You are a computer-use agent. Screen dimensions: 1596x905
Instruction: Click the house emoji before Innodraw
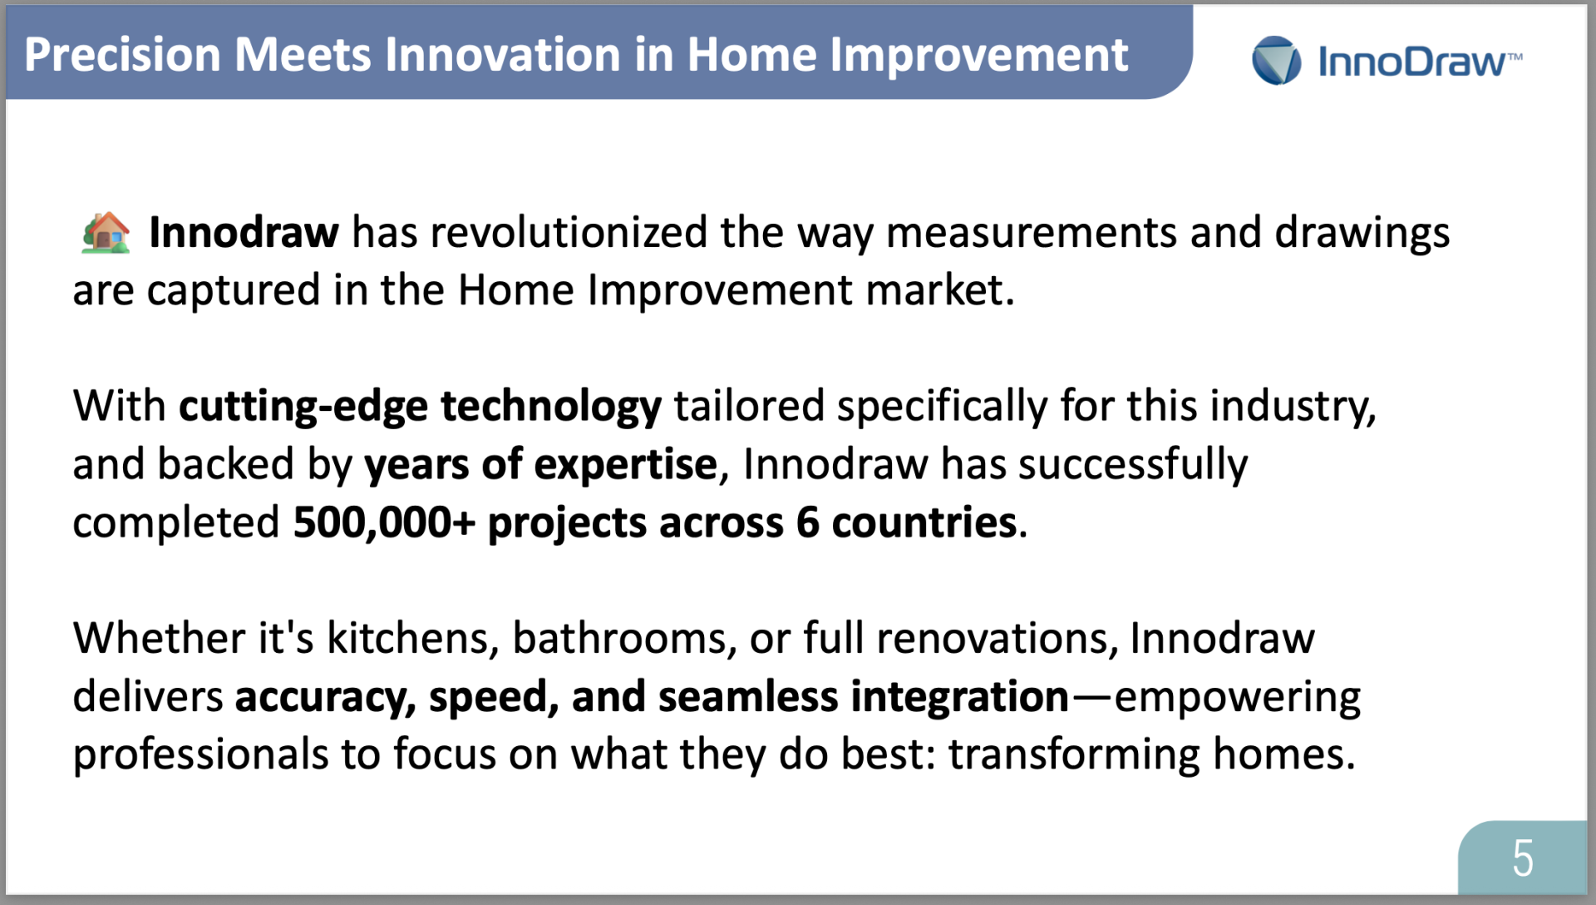coord(106,232)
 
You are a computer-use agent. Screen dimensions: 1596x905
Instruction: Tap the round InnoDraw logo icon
coord(1277,61)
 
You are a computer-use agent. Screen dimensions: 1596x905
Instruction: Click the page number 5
coord(1523,858)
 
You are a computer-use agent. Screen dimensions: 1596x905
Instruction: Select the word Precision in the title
coord(122,55)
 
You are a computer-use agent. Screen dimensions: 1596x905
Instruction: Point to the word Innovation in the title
coord(503,55)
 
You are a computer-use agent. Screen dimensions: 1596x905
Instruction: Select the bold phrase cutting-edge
coord(303,407)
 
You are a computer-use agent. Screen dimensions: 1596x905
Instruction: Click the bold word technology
coord(551,407)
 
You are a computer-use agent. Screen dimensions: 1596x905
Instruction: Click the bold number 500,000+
coord(384,522)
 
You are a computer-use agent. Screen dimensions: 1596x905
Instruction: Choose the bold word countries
coord(924,522)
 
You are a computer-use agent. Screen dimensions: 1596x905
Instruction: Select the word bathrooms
coord(624,639)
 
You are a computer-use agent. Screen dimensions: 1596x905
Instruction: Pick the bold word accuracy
coord(325,697)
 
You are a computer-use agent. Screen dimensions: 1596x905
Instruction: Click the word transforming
coord(1074,754)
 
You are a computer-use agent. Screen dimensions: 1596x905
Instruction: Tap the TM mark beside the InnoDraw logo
coord(1515,57)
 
